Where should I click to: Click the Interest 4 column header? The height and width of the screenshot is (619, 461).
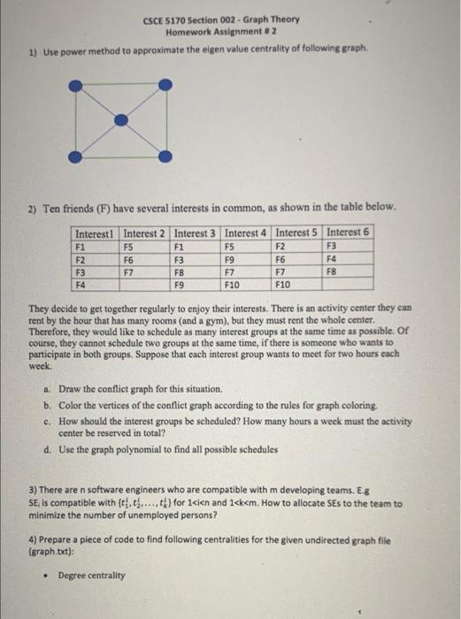click(x=248, y=233)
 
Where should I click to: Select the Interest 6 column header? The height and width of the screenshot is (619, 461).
click(x=349, y=233)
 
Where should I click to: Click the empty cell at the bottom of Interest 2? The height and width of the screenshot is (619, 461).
click(x=145, y=286)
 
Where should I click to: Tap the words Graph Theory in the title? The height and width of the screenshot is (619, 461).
click(x=273, y=19)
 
